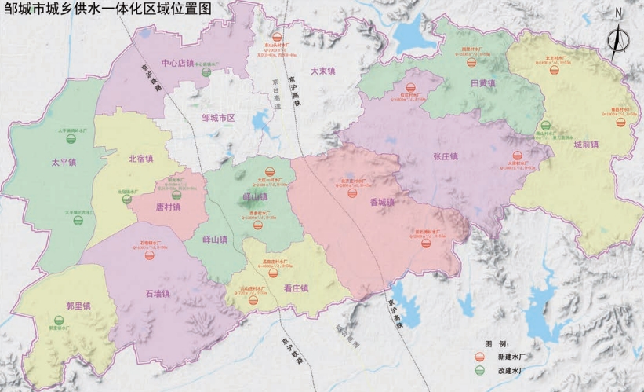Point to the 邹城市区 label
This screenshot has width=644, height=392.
point(219,118)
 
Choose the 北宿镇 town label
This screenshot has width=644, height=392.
point(141,159)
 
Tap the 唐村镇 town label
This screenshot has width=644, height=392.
point(166,207)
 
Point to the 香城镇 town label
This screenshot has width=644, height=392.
point(382,202)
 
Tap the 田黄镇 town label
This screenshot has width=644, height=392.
point(482,82)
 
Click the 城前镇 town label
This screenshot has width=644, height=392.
point(585,145)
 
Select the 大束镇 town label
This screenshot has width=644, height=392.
point(322,71)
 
